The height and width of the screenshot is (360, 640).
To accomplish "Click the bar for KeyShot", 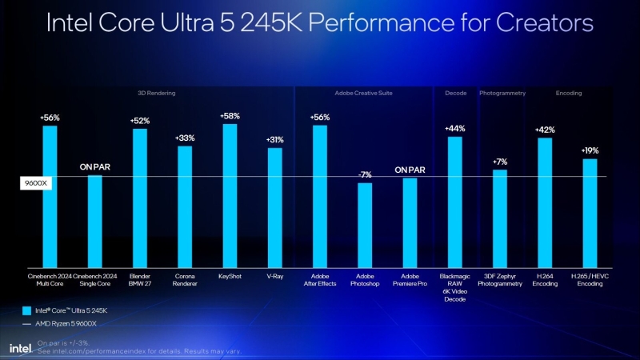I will [230, 195].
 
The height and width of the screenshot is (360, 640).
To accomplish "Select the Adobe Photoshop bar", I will [365, 225].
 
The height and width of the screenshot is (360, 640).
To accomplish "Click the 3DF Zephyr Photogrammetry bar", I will [500, 218].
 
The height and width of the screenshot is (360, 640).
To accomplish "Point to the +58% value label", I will [230, 116].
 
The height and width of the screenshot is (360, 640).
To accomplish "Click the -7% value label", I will [365, 175].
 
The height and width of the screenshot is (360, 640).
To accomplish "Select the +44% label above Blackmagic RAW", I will [454, 129].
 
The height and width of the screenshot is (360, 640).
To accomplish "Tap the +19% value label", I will [590, 150].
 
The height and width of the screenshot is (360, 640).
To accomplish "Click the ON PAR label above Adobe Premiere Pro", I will [410, 170].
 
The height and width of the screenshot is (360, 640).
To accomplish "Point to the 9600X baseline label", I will [35, 183].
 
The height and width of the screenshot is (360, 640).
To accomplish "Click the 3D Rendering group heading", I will [156, 94].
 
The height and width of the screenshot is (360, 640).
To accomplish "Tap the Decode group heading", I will [455, 94].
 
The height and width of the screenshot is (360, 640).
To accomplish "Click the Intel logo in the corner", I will [19, 347].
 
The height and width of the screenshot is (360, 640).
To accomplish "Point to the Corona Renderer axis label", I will [185, 279].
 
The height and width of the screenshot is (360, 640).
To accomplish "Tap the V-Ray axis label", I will [274, 275].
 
